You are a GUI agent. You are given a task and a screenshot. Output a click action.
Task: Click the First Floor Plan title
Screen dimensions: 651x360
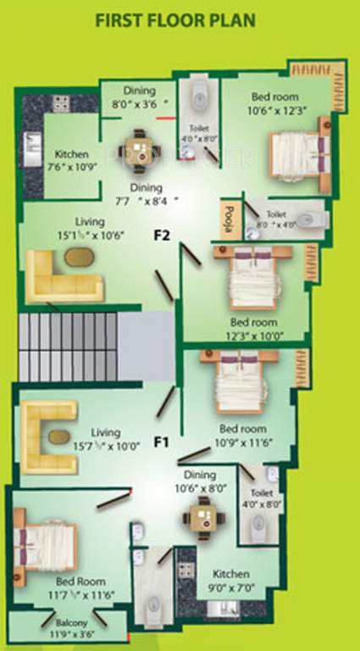pos(174,19)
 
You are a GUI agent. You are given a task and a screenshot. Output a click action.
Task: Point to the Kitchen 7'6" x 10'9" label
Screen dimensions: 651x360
pos(70,160)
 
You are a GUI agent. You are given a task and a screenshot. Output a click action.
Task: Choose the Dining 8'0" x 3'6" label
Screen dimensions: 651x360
pos(138,96)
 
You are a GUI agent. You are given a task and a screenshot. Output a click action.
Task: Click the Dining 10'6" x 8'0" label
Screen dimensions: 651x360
pos(201,482)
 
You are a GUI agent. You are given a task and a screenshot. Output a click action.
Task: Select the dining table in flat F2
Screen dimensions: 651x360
pos(140,149)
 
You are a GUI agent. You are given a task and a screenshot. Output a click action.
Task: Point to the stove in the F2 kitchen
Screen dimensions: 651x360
pos(61,103)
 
